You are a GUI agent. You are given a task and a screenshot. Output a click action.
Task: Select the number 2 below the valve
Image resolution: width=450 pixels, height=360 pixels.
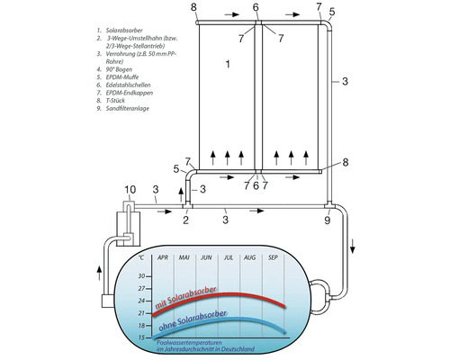coord(186,220)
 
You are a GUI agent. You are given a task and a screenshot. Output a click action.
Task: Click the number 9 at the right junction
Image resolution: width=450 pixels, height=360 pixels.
coord(328,220)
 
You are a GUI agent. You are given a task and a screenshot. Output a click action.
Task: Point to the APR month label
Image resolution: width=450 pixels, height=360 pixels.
coord(163,258)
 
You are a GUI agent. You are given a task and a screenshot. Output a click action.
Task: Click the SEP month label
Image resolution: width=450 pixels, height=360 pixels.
coord(274,258)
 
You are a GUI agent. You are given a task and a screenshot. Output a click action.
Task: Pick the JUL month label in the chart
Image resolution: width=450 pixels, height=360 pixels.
coord(229,258)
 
